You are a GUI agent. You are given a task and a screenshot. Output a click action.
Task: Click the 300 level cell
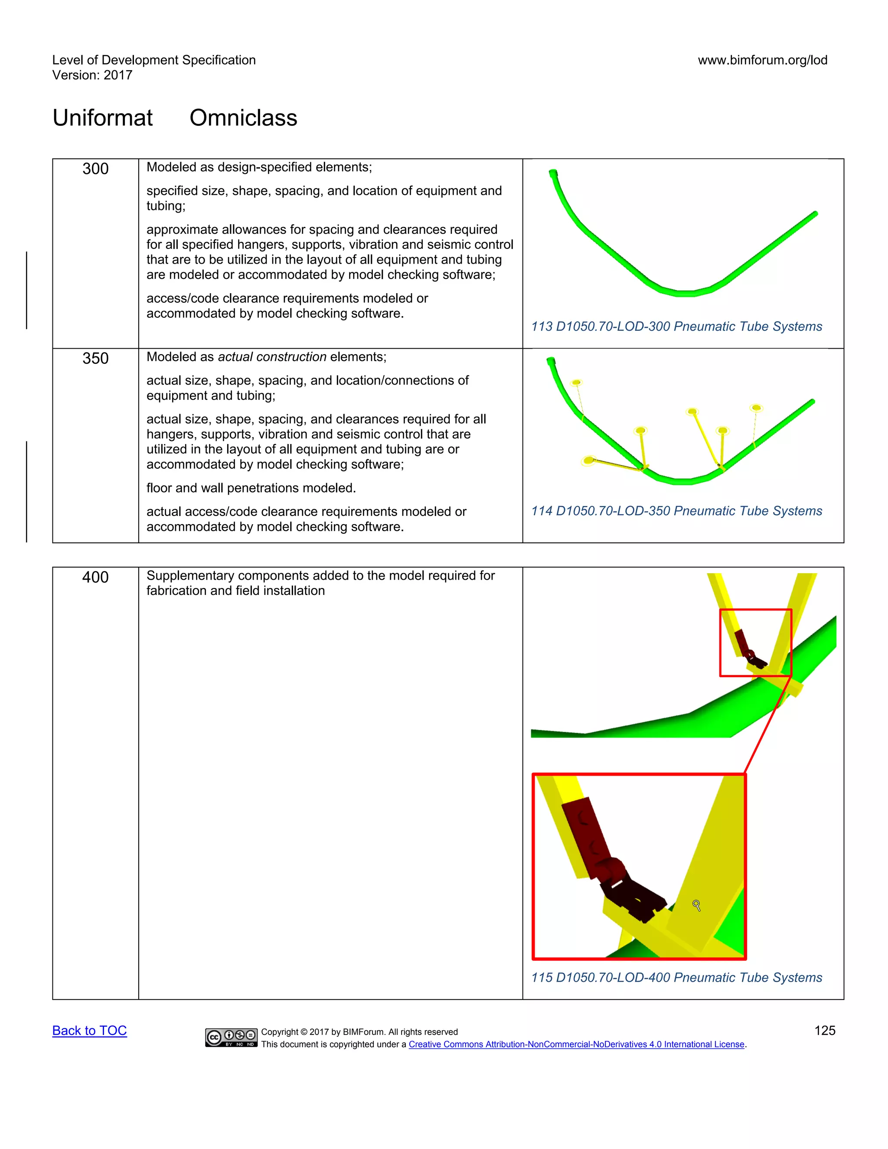coord(95,169)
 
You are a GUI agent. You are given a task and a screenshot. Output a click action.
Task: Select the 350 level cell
coord(95,358)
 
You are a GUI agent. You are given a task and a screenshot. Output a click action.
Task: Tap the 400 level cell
coord(95,577)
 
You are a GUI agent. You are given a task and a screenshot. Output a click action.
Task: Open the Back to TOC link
coord(89,1031)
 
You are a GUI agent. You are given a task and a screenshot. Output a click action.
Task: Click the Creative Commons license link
coord(577,1045)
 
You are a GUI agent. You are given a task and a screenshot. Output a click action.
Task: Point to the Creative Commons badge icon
coord(231,1038)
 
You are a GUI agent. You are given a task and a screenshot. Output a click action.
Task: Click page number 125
coord(824,1031)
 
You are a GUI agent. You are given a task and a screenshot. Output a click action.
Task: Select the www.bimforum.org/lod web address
coord(762,60)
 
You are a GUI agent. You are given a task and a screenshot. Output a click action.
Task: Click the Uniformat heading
coord(103,118)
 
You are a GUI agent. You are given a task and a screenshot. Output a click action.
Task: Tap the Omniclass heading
coord(243,118)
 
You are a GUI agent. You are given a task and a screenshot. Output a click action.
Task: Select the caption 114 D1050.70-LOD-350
coord(676,511)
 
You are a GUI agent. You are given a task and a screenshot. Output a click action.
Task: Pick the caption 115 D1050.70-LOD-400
coord(676,977)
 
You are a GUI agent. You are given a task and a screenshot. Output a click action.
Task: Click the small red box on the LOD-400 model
coord(755,643)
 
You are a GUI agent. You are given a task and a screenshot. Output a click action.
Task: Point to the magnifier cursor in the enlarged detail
coord(696,905)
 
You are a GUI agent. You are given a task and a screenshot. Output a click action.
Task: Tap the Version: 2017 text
coord(92,75)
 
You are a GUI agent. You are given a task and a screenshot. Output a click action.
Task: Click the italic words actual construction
coord(272,357)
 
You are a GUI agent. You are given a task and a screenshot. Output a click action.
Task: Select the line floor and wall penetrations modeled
coord(251,488)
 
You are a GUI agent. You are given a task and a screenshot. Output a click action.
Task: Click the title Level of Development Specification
coord(153,60)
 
